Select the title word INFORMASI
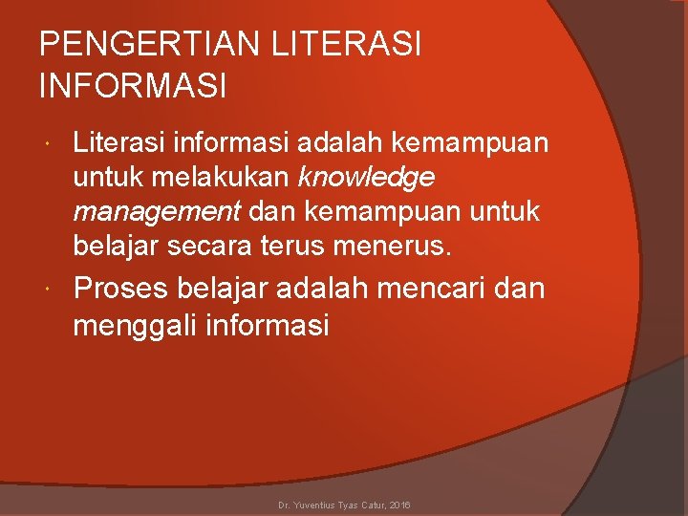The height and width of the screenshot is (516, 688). (133, 87)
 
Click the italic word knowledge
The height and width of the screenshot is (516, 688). (367, 177)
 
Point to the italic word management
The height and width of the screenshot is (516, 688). (156, 210)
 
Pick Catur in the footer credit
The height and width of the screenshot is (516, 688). (372, 504)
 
